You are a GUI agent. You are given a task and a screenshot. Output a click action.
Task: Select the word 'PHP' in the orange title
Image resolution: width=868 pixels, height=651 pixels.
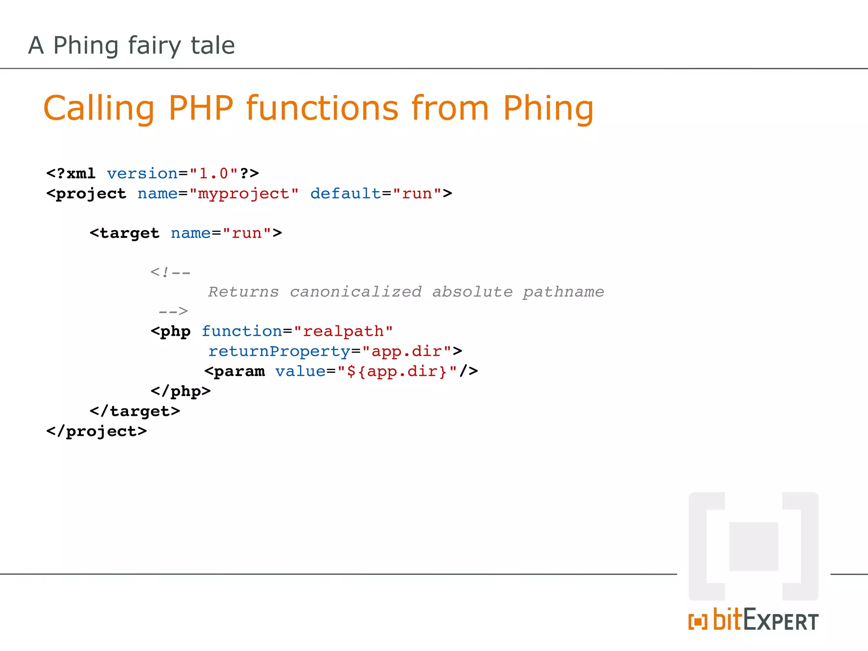(200, 108)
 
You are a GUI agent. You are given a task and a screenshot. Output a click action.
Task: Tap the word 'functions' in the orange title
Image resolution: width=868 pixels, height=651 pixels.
(322, 108)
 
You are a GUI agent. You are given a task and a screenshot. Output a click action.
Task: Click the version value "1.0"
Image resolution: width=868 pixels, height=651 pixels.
(214, 174)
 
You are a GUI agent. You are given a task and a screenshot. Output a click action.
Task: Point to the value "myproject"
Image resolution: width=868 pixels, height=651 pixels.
(244, 194)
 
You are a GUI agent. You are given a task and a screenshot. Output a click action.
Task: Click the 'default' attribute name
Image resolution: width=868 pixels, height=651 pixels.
(346, 194)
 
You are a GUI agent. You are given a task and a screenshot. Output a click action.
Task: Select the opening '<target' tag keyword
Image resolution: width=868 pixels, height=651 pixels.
(125, 233)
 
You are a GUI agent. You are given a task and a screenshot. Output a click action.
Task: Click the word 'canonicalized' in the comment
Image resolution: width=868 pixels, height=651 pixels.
(356, 292)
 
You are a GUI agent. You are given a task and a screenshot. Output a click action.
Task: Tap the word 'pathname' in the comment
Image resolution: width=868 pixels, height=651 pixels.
(563, 292)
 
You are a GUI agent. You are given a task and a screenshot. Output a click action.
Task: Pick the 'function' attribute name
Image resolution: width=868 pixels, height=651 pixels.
(242, 331)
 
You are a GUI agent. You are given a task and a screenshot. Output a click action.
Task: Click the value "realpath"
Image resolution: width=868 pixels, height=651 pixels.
(343, 331)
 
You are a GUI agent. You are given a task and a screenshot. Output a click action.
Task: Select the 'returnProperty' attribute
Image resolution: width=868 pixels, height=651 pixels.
(279, 351)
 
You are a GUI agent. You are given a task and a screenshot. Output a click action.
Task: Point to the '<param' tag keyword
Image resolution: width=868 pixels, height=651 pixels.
(234, 371)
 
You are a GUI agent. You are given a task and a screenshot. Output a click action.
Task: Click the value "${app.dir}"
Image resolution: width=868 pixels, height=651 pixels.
(397, 371)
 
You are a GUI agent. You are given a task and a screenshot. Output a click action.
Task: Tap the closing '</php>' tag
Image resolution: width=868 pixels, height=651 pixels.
(181, 391)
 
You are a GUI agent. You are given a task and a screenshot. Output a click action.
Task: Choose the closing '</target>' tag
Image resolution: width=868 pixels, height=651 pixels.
(135, 411)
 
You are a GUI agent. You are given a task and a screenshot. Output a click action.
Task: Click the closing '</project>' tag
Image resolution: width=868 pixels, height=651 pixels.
(97, 431)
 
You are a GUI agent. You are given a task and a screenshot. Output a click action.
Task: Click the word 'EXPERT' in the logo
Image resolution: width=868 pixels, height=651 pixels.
(781, 621)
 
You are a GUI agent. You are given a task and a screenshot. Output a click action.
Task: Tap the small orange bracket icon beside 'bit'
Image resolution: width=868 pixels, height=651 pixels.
(698, 622)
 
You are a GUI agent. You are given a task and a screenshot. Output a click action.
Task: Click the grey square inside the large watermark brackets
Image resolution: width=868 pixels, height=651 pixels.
(754, 546)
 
